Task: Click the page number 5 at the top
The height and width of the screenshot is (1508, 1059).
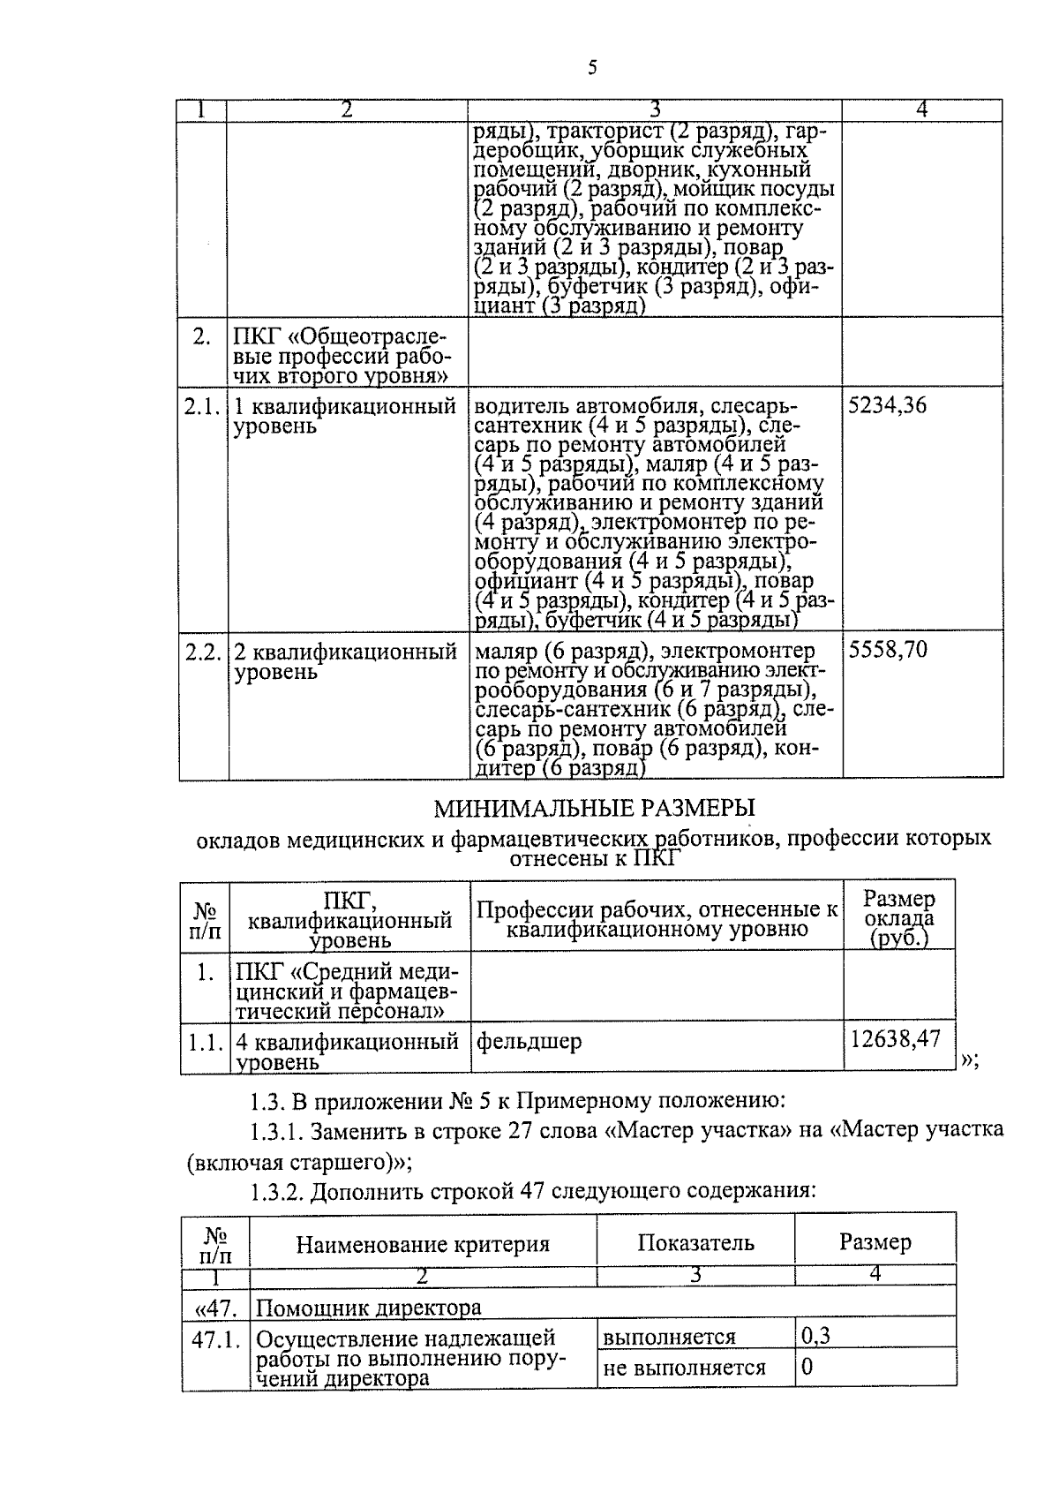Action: (x=592, y=68)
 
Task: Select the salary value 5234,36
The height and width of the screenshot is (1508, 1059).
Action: (x=887, y=407)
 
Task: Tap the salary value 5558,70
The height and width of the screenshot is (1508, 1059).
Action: (x=887, y=651)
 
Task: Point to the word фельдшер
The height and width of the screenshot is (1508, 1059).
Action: (x=529, y=1042)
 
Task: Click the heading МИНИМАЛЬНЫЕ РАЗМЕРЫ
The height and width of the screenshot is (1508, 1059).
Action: (x=595, y=807)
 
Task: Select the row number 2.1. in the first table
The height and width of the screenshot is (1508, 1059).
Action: (x=202, y=407)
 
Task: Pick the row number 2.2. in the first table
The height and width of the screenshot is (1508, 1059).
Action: (x=202, y=652)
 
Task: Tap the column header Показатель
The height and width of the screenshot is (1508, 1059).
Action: (x=695, y=1243)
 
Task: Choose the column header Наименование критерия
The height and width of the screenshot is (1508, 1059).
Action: (x=423, y=1245)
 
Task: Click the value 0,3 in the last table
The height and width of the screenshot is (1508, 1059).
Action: (x=815, y=1336)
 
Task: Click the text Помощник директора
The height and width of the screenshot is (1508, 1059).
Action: (x=369, y=1308)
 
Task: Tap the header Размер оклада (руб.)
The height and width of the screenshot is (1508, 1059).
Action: (x=898, y=918)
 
